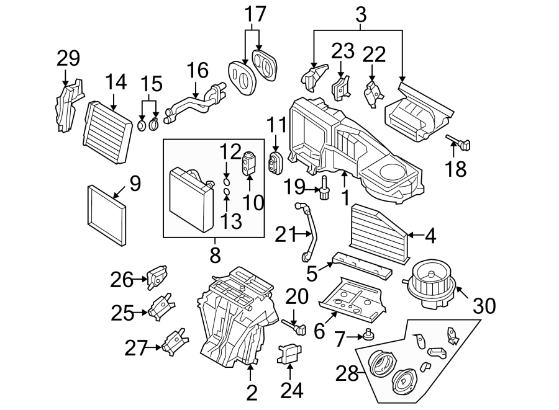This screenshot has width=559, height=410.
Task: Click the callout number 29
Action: (x=68, y=59)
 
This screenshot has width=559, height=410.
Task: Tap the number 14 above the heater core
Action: (x=116, y=82)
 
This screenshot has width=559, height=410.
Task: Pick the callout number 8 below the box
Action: (x=215, y=253)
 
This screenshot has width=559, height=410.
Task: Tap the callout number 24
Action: (x=290, y=391)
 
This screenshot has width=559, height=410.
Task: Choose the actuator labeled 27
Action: (x=173, y=341)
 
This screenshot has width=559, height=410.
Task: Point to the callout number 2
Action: (x=250, y=392)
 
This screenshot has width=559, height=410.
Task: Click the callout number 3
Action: (x=361, y=14)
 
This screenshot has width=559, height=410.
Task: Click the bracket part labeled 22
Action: (x=373, y=94)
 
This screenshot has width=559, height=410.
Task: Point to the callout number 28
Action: (x=347, y=373)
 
